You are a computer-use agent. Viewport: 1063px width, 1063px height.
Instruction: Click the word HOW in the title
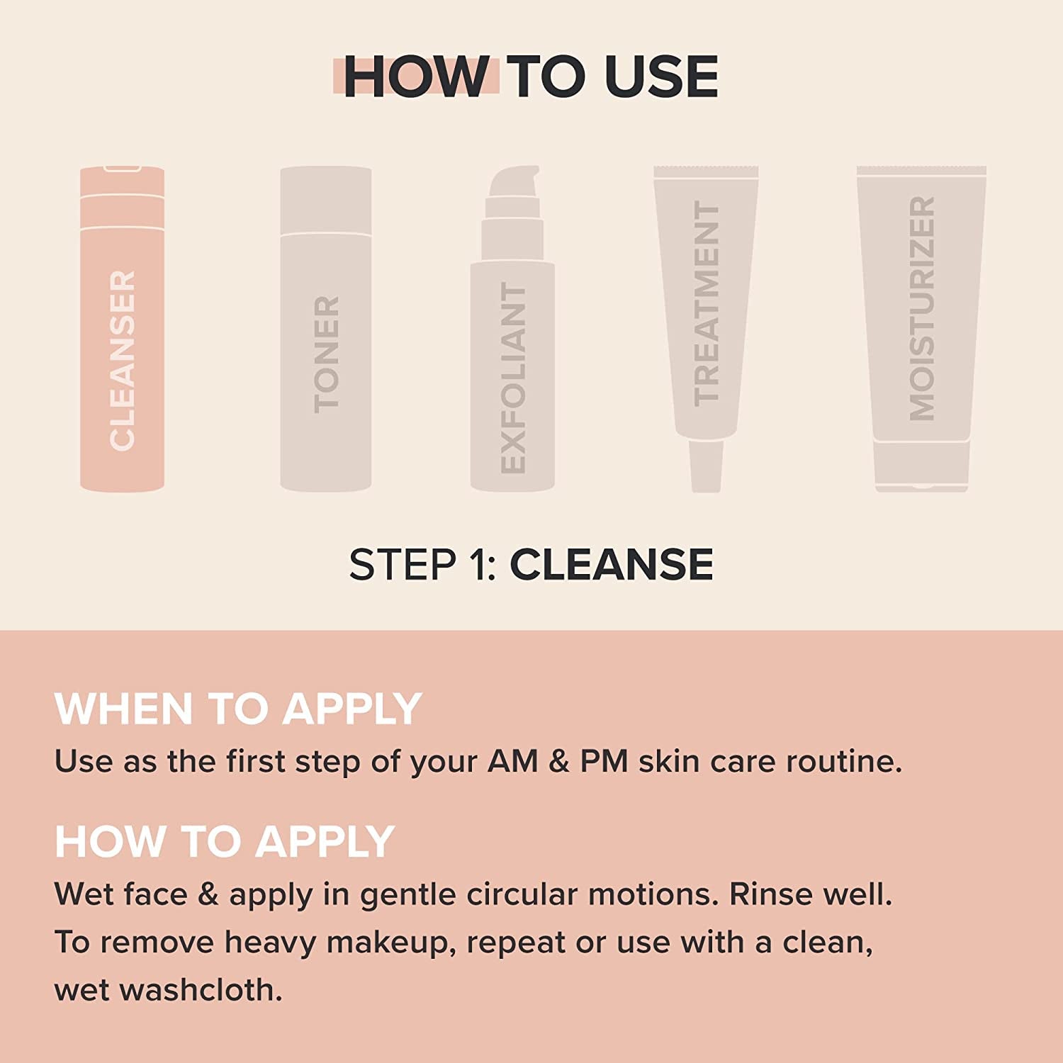tap(415, 77)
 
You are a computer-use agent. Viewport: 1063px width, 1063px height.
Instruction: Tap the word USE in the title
tap(662, 77)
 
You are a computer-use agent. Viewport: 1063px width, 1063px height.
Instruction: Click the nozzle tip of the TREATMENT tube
tap(706, 468)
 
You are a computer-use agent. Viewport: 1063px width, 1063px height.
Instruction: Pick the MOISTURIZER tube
tap(921, 312)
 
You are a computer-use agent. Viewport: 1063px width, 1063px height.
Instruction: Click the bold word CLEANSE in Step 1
tap(612, 565)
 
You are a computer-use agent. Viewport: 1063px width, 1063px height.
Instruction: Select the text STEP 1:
tap(423, 565)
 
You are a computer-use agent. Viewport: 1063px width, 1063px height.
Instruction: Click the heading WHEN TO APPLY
tap(238, 709)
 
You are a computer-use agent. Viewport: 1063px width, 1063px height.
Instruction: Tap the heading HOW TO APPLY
tap(224, 841)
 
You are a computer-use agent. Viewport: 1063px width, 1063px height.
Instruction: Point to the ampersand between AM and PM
tap(559, 762)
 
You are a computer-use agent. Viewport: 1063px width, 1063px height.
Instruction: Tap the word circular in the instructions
tap(522, 894)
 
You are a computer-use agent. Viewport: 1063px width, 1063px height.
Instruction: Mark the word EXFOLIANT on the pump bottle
tap(513, 378)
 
